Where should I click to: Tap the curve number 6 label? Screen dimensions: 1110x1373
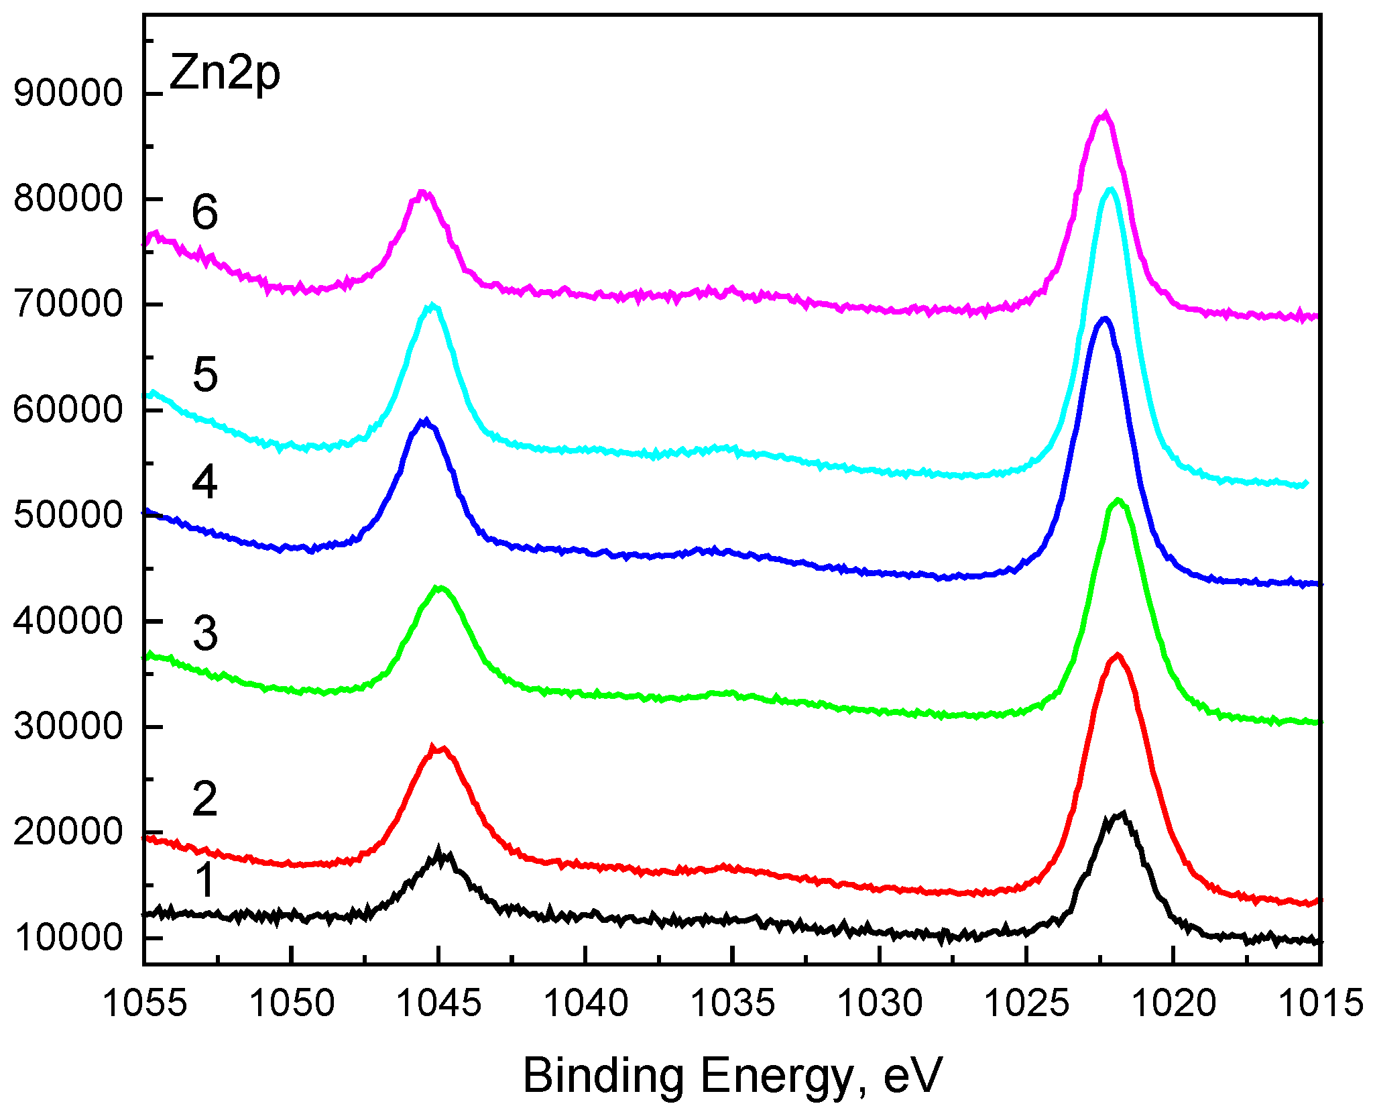point(204,212)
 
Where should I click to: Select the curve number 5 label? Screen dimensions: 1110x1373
point(205,374)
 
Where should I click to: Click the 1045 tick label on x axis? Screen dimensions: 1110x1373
point(438,1003)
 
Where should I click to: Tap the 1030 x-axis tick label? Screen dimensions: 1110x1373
point(880,1003)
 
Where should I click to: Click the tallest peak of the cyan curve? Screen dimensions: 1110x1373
point(1111,190)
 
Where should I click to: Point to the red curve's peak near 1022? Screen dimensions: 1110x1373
point(1117,656)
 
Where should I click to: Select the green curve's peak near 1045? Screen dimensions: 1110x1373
point(439,588)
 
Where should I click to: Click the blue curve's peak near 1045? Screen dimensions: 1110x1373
point(424,421)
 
